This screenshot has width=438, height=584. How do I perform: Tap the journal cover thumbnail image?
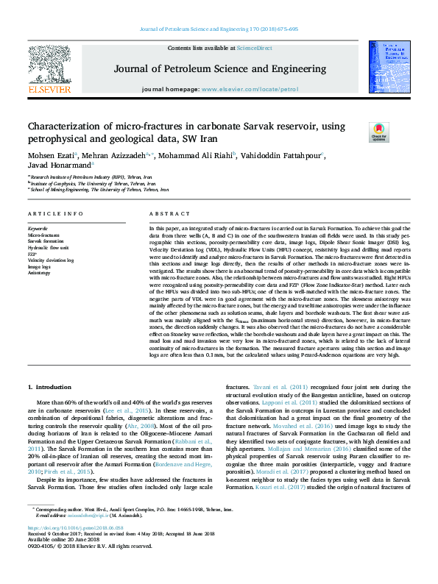tap(388, 67)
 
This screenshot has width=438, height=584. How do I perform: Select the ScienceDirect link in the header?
tap(254, 47)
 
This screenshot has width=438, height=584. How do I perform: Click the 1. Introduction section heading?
tap(50, 386)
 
